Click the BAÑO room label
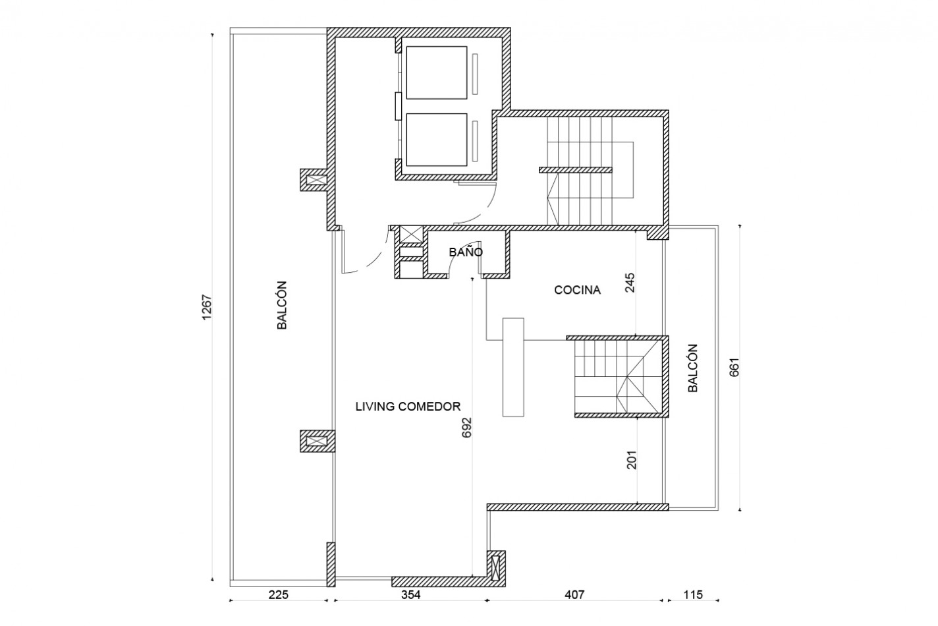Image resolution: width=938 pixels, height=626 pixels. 466,252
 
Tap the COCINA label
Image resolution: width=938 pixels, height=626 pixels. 578,290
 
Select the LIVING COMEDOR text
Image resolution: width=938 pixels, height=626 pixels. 408,407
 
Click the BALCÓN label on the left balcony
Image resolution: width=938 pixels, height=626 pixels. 282,305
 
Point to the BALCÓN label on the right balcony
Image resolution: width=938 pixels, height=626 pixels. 693,368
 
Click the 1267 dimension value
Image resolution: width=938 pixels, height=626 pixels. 207,308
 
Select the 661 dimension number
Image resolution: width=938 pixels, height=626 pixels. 734,368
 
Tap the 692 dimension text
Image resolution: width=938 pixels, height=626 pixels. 466,428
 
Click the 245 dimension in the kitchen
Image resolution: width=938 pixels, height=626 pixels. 630,283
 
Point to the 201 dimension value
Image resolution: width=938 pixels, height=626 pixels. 632,460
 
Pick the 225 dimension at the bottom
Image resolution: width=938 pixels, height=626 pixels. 279,594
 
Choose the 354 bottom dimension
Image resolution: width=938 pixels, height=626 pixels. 410,594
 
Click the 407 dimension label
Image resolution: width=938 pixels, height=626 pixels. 574,594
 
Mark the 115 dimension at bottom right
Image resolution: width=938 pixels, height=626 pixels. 693,594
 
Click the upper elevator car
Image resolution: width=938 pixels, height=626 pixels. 436,73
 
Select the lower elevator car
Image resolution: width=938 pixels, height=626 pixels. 436,140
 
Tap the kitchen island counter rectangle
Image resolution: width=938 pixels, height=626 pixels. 513,367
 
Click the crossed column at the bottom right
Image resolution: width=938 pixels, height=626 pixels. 496,568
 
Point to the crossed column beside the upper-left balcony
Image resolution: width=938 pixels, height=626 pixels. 316,180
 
